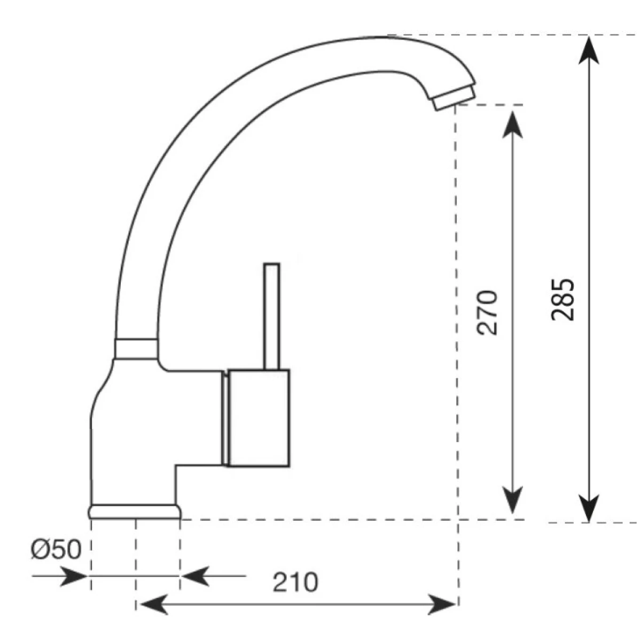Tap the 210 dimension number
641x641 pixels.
click(x=295, y=582)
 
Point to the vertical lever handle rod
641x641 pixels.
click(x=272, y=315)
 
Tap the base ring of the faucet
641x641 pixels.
click(x=134, y=512)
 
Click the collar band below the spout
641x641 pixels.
click(x=137, y=348)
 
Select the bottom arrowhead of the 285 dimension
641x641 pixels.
click(x=589, y=507)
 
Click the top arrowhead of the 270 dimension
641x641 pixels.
click(x=513, y=120)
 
